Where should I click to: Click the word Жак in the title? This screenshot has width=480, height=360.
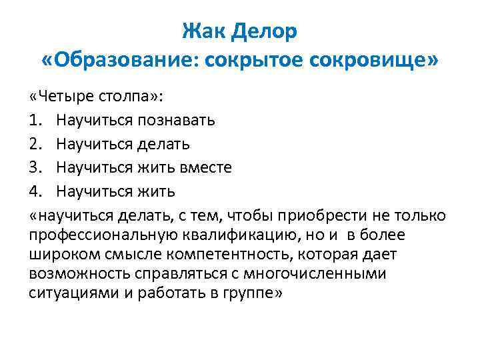[202, 31]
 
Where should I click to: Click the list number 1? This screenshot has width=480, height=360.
[35, 120]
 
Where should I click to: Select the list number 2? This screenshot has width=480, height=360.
[35, 143]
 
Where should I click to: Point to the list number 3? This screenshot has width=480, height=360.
[35, 167]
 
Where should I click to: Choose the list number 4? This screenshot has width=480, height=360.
[35, 191]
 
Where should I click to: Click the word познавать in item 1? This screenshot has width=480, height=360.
[176, 120]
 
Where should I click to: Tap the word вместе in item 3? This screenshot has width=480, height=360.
[205, 167]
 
